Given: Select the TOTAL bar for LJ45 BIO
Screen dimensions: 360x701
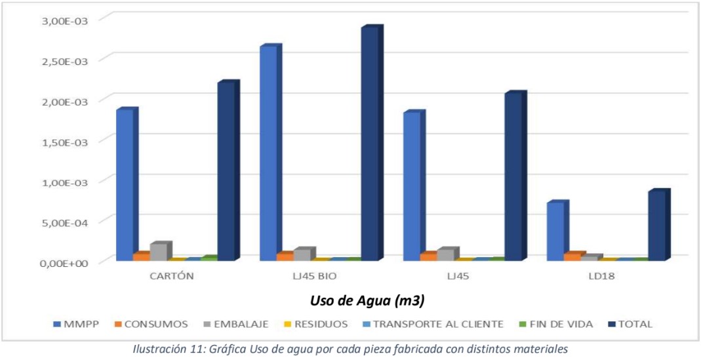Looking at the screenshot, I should (369, 144).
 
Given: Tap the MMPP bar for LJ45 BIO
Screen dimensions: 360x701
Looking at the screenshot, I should (268, 153).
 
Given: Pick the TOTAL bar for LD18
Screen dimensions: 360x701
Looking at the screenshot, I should (656, 226).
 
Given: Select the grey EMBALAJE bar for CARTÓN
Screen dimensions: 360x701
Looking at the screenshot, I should (159, 252).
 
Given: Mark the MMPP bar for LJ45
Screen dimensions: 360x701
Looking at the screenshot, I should (412, 186).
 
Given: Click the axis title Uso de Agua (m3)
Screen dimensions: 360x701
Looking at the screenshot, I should (367, 301).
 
